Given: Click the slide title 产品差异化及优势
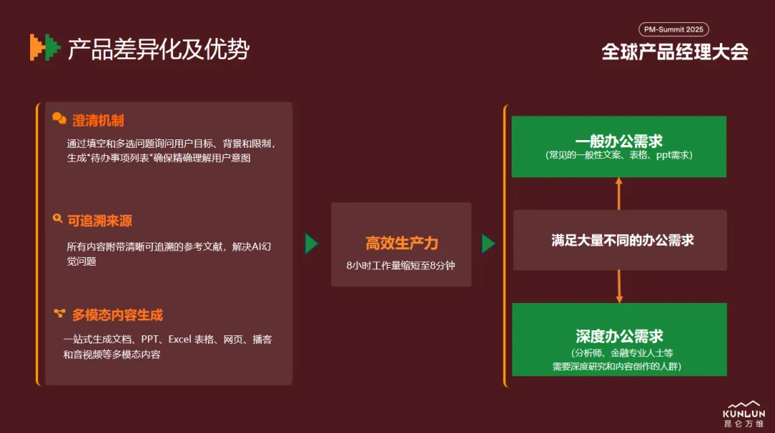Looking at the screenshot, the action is pos(159,49).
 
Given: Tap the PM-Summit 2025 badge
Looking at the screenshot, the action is pos(674,29).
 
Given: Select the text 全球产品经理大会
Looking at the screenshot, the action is pos(675,52).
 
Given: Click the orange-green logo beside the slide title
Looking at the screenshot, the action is pos(45,47).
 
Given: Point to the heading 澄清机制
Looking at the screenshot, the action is pos(98,120).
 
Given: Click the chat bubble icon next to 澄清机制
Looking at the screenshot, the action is pos(60,118).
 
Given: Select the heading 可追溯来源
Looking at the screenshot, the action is pos(100,220).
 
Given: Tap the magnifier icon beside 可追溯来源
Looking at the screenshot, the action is pos(57,218).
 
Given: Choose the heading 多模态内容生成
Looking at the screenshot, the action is pos(118,315).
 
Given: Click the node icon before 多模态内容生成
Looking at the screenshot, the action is pos(60,313).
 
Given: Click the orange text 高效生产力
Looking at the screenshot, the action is pos(402,243).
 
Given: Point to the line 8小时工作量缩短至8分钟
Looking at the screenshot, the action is pos(401,266).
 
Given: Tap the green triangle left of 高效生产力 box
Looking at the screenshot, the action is pos(311,243).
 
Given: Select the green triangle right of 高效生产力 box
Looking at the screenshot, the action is pos(489,243).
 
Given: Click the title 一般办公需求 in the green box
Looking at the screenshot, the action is pos(619,141).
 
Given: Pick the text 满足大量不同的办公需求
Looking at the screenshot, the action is pos(623,241).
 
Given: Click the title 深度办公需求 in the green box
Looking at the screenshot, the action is pos(619,337).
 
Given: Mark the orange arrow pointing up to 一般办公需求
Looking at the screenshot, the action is pos(619,193).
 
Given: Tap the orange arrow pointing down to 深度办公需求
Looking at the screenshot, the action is pos(619,287).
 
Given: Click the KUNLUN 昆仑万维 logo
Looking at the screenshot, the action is pos(744,414).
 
